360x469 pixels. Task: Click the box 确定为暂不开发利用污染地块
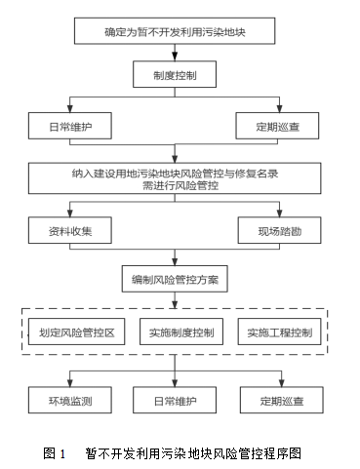click(x=175, y=32)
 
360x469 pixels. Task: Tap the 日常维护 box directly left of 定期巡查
click(x=70, y=126)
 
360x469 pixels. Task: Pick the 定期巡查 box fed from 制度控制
click(x=278, y=126)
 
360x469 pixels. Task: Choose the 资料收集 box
click(x=70, y=229)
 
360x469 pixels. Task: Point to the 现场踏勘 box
click(x=278, y=229)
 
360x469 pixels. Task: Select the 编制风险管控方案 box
click(x=175, y=280)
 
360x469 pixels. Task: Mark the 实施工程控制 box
click(x=279, y=333)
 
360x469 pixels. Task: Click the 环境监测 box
click(x=70, y=400)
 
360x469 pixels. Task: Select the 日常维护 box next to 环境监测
click(x=175, y=400)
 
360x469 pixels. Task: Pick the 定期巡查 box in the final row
click(x=278, y=400)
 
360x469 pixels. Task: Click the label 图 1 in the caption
click(x=55, y=452)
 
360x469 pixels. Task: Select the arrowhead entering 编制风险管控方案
click(x=175, y=261)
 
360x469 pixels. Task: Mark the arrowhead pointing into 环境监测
click(x=70, y=383)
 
